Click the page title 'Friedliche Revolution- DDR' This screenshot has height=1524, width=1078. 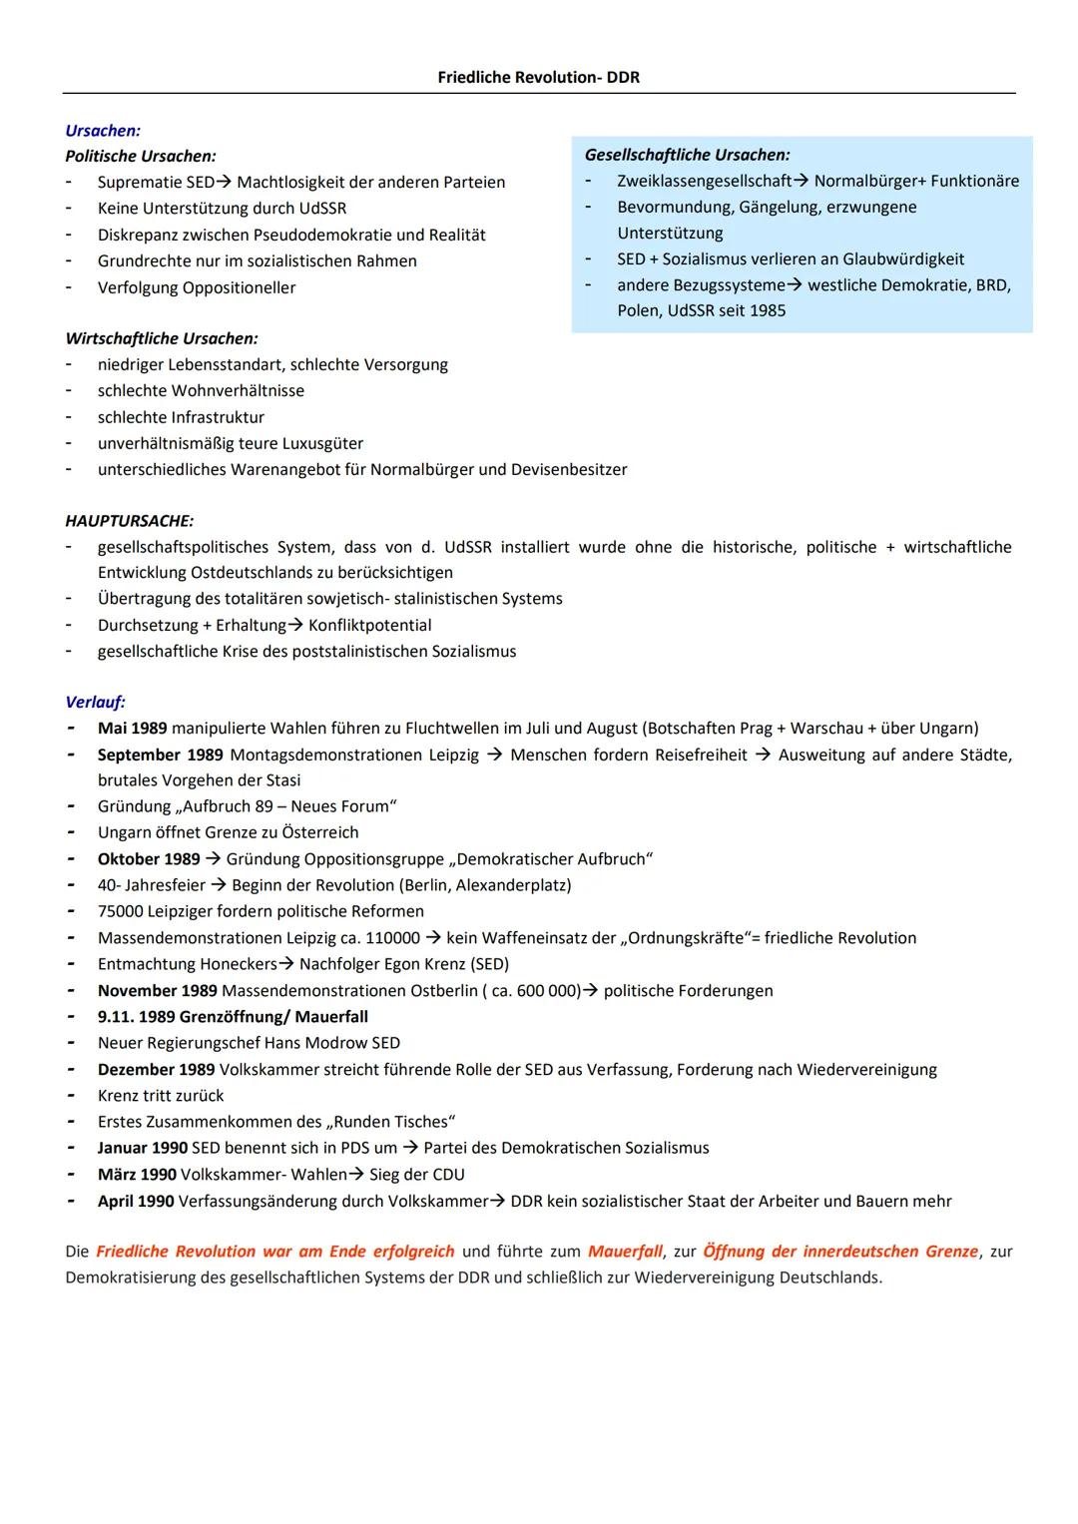[x=538, y=78]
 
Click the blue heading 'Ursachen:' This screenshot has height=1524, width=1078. [x=103, y=131]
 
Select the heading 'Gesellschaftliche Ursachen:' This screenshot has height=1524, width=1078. [x=687, y=155]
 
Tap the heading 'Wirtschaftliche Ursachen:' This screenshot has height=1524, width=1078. [x=162, y=338]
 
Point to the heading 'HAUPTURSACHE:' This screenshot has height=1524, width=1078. [x=129, y=521]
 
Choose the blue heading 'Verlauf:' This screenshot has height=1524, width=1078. [x=95, y=702]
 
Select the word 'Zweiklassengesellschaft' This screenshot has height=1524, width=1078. [x=704, y=181]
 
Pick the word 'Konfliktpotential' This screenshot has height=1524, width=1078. [x=369, y=625]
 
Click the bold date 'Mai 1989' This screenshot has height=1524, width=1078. [x=132, y=729]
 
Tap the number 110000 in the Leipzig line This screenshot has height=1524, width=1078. [x=391, y=938]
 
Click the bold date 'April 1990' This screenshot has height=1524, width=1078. [x=136, y=1202]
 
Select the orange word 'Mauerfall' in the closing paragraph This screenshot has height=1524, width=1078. [x=625, y=1252]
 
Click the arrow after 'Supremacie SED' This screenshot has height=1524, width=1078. [x=226, y=183]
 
